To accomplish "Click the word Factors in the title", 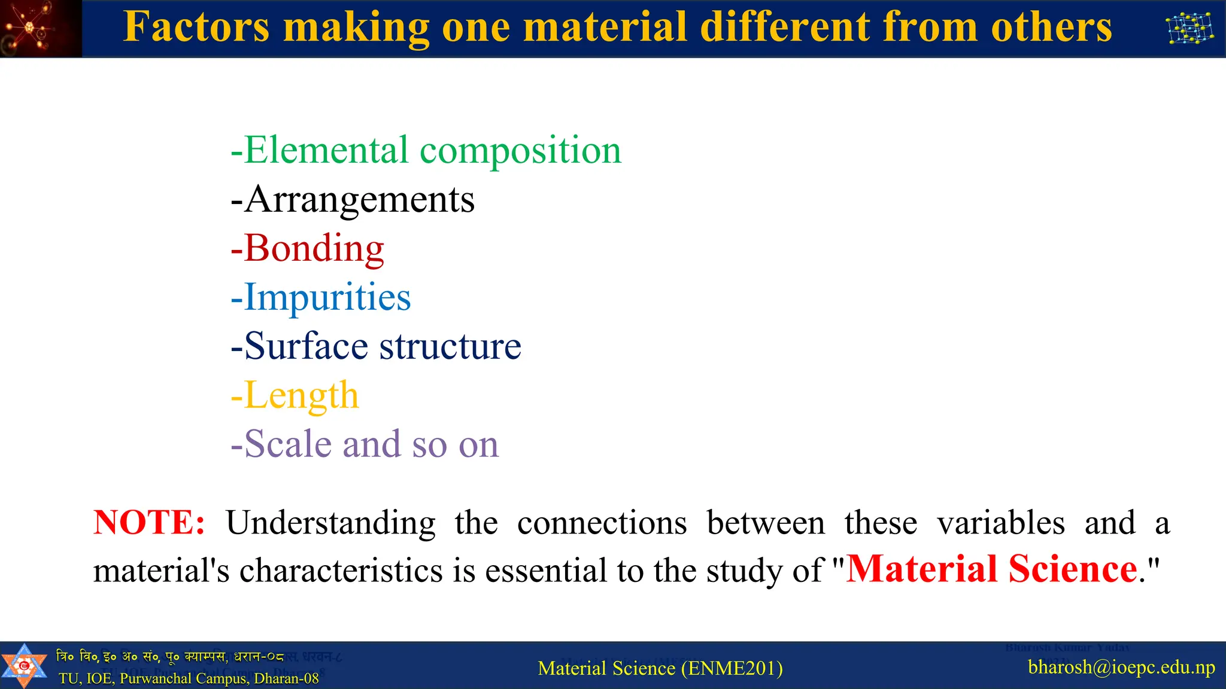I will (196, 28).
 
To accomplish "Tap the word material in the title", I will (605, 28).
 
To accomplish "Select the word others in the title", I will (1051, 28).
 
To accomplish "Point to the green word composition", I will (520, 151).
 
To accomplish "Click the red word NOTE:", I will (149, 522).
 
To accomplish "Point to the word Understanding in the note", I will (330, 523).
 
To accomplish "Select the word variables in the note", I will (1001, 523).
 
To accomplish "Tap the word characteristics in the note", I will (341, 571).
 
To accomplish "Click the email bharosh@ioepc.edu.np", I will (1121, 667).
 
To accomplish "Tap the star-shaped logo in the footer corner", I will (23, 666).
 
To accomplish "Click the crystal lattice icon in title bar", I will (1190, 28).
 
